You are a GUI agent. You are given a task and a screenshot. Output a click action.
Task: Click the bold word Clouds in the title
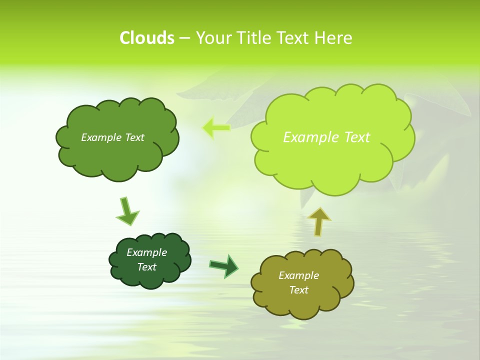pyautogui.click(x=147, y=38)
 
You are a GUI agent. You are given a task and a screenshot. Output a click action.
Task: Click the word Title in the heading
pyautogui.click(x=254, y=38)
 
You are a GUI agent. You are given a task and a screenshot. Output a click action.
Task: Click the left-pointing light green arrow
pyautogui.click(x=216, y=128)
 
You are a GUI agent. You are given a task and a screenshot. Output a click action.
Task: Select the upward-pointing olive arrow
pyautogui.click(x=319, y=221)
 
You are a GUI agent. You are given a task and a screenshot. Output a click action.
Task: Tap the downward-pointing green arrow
pyautogui.click(x=127, y=211)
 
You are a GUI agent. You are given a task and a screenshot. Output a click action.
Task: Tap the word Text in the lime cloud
pyautogui.click(x=357, y=137)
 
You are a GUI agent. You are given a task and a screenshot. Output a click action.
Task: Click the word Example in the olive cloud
pyautogui.click(x=298, y=275)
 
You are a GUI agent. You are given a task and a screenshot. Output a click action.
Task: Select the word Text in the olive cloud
pyautogui.click(x=298, y=290)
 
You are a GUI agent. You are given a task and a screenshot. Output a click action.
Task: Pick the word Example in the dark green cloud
pyautogui.click(x=146, y=252)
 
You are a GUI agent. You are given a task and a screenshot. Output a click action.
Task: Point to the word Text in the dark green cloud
pyautogui.click(x=146, y=267)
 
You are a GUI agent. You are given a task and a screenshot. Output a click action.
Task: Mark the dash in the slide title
pyautogui.click(x=184, y=38)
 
